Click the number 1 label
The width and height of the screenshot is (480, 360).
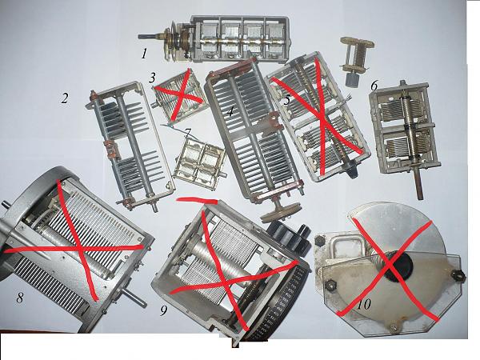pos(144,54)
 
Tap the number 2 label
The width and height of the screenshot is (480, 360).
pos(64,98)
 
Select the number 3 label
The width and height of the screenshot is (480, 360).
pos(152,78)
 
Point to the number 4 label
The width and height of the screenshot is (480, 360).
pos(230,112)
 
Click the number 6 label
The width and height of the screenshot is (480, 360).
pos(374,86)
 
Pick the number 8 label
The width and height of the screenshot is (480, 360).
pos(20,298)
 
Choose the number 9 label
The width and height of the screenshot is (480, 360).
pos(164,310)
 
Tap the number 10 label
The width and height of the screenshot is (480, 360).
pos(364,304)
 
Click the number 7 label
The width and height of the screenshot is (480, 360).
pos(188,133)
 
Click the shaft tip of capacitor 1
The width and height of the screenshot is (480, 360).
pos(140,37)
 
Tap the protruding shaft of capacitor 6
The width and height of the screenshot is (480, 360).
pos(418,183)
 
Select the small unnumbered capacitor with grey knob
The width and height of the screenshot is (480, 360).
pos(356,60)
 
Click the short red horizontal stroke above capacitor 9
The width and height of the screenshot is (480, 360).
pos(198,201)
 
